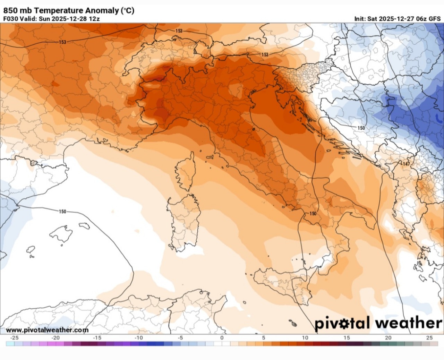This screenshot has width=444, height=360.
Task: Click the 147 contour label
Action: (406, 164)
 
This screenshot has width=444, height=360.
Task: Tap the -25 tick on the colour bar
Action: (14, 337)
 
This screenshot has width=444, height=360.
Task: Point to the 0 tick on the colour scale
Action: (222, 337)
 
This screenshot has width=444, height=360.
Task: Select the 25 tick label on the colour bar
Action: (429, 337)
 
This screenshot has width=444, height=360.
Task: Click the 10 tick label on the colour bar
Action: (305, 337)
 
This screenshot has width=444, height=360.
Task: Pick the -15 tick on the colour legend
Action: (97, 337)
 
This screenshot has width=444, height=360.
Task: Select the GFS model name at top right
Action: (434, 19)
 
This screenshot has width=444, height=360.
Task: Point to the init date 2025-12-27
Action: (396, 19)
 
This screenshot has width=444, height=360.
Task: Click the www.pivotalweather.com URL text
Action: (47, 330)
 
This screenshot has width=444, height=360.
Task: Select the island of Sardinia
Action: (183, 222)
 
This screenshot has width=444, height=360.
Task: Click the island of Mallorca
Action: (61, 233)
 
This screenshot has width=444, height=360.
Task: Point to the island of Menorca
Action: (84, 226)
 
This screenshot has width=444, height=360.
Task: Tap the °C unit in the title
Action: (127, 11)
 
